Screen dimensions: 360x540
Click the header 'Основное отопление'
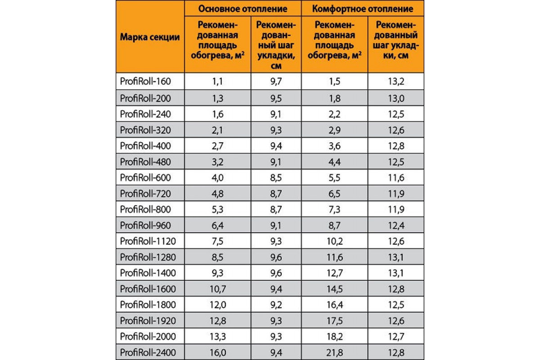click(243, 9)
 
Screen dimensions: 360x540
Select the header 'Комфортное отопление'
click(362, 9)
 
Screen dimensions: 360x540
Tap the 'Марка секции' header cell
click(150, 37)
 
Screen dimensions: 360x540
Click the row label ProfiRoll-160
click(146, 81)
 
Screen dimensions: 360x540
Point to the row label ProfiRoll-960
click(146, 225)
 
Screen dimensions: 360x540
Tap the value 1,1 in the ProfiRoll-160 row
click(218, 81)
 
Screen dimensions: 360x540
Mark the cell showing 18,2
click(334, 336)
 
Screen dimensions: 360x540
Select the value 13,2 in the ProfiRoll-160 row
click(396, 81)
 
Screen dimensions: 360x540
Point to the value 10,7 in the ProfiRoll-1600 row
click(218, 288)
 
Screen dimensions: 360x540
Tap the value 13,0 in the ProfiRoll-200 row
click(396, 97)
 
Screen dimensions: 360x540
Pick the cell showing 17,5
click(334, 320)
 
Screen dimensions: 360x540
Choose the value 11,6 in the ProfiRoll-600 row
click(396, 177)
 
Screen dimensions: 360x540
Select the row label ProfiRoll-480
click(146, 161)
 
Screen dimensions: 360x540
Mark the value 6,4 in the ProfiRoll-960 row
click(218, 225)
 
